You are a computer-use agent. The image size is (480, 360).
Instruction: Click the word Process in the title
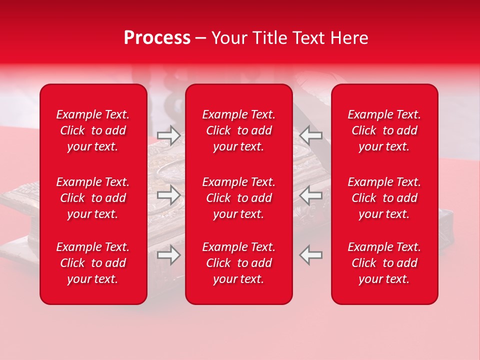157,38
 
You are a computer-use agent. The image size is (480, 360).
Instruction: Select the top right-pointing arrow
168,134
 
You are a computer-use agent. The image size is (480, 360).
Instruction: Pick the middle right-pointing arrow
168,195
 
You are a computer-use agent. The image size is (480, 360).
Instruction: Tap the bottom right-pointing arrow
168,255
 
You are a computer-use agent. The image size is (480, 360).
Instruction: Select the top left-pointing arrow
311,134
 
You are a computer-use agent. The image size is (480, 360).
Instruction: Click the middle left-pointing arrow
311,195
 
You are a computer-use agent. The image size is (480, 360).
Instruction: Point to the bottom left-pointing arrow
311,255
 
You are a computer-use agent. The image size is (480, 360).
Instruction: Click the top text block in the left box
93,130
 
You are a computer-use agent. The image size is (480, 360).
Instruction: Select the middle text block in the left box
93,198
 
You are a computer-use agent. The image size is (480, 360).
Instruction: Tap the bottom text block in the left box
93,263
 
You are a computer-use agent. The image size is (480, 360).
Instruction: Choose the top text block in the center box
239,130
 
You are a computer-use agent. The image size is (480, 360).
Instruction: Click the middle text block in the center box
239,198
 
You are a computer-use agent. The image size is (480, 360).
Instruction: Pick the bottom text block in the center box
239,263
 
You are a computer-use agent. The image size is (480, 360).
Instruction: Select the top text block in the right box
384,130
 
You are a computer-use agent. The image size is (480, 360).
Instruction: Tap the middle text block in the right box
384,198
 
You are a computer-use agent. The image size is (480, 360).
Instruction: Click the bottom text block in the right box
384,263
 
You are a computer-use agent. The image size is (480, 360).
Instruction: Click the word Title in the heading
268,38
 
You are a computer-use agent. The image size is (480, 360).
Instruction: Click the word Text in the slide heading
307,38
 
